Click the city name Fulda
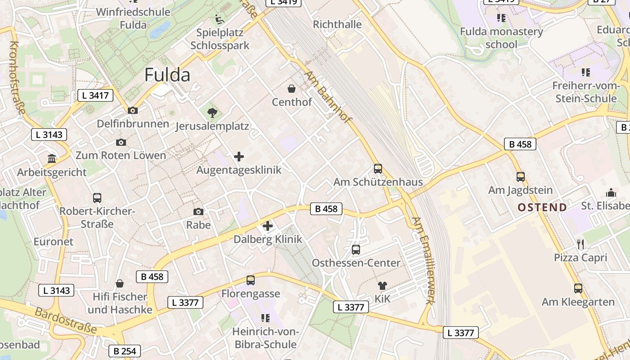167,75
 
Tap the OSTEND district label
542,207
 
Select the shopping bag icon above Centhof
292,89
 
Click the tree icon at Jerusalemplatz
211,112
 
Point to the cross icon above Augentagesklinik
239,157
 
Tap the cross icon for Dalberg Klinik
268,226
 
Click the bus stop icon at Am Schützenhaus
378,169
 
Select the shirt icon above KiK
382,285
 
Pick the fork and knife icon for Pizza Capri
580,244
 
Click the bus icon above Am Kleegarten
578,288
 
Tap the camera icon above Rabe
198,211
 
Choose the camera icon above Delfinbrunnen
133,110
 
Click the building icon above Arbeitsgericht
52,159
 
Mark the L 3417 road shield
95,95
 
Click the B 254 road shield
125,351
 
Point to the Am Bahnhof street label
328,96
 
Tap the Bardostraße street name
65,320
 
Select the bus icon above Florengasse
251,280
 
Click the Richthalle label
337,24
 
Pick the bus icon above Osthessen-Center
356,249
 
